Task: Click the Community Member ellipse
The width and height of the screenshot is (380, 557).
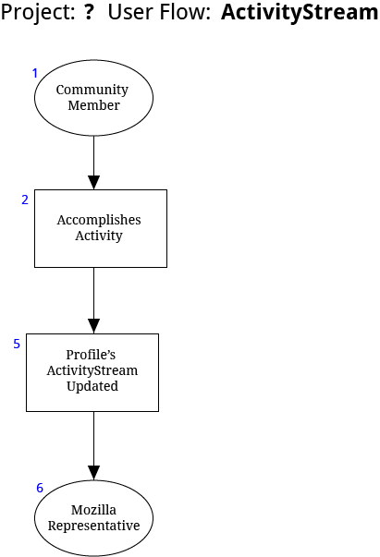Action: pos(94,98)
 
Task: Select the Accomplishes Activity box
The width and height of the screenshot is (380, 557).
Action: pos(101,228)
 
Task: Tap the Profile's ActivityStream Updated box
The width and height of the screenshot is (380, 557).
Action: pos(92,372)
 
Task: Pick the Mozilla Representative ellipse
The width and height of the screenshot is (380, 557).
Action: pos(94,518)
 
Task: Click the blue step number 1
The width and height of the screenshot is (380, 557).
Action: pos(35,73)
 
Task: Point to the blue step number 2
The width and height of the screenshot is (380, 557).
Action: pos(25,200)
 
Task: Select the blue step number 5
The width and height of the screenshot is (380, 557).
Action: pos(17,344)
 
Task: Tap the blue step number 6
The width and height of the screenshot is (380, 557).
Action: pos(40,488)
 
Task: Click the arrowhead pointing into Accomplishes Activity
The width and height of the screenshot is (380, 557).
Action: pos(94,183)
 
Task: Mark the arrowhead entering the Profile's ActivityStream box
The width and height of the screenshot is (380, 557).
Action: pos(94,326)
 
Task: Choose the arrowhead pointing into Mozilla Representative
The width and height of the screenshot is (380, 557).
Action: pos(94,473)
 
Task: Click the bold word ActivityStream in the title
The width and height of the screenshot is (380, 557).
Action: pos(300,13)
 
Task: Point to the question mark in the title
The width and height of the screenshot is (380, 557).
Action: pos(90,12)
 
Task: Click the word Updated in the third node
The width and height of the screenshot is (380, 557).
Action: pos(92,387)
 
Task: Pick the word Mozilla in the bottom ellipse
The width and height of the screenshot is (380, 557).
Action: pos(93,510)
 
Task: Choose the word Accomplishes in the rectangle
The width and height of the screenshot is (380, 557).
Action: pos(99,220)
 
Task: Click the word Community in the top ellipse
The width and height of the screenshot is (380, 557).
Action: pos(92,91)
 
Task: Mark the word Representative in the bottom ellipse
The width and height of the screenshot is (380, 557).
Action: pos(94,527)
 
